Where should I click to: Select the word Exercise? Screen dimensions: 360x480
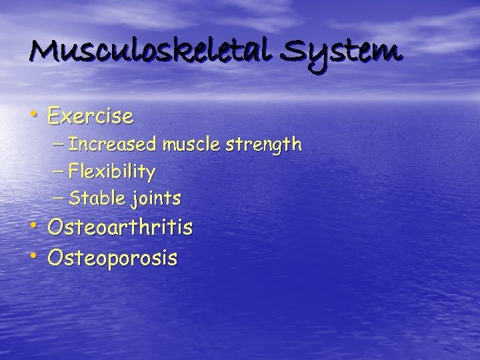tap(90, 117)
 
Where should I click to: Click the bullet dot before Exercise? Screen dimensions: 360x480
tap(33, 115)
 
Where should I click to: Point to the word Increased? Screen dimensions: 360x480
tap(112, 144)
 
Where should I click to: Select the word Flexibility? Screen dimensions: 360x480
tap(112, 173)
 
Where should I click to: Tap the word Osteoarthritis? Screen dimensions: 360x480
tap(120, 228)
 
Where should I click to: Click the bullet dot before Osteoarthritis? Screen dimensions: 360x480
tap(33, 226)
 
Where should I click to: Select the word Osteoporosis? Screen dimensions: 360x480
tap(112, 257)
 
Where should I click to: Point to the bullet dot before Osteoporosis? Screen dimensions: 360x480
tap(33, 255)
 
